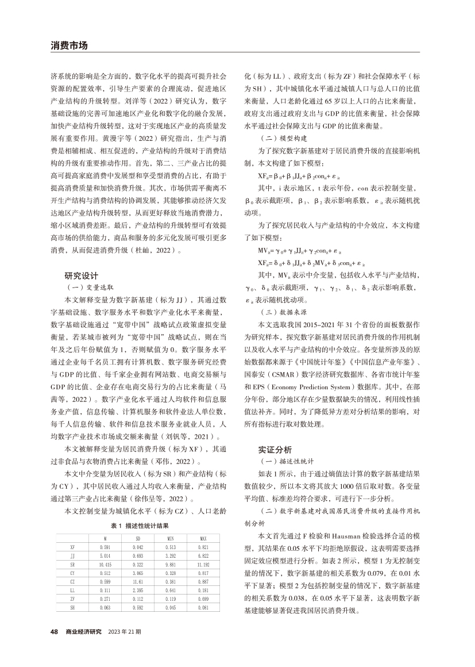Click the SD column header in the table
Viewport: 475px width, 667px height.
tap(138, 539)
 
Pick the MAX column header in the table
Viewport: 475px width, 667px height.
tap(203, 539)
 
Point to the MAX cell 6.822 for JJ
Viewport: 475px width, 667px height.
tap(203, 557)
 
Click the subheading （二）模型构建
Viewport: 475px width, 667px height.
tap(273, 139)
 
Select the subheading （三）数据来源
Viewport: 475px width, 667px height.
tap(273, 312)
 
